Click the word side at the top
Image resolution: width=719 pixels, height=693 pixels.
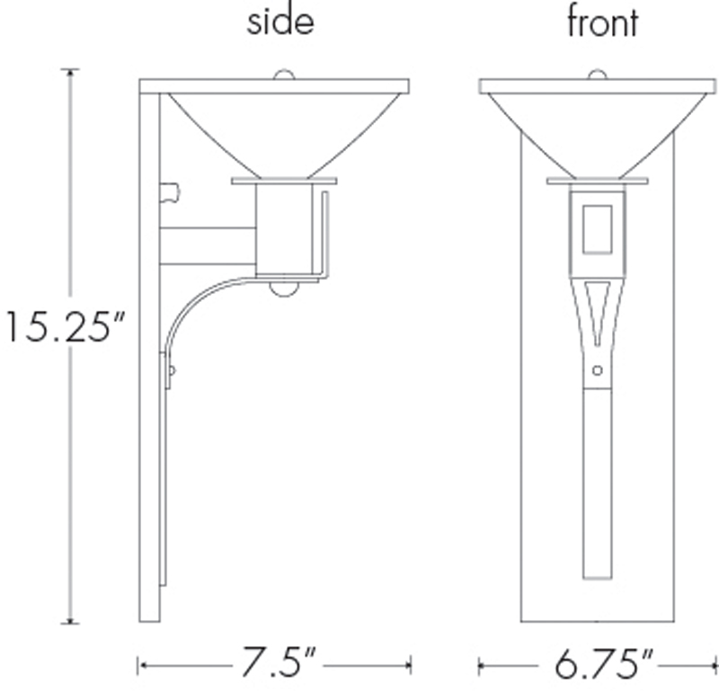click(x=280, y=22)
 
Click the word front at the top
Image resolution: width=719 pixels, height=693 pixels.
click(x=602, y=22)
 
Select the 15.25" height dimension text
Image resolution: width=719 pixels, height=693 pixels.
click(x=65, y=326)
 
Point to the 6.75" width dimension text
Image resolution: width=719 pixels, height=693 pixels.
click(x=603, y=663)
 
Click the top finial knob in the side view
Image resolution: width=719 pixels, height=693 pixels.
click(x=284, y=75)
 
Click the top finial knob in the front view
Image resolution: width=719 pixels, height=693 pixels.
click(x=598, y=75)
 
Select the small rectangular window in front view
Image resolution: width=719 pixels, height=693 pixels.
click(x=598, y=229)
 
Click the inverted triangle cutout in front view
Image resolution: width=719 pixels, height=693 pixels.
click(x=598, y=308)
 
